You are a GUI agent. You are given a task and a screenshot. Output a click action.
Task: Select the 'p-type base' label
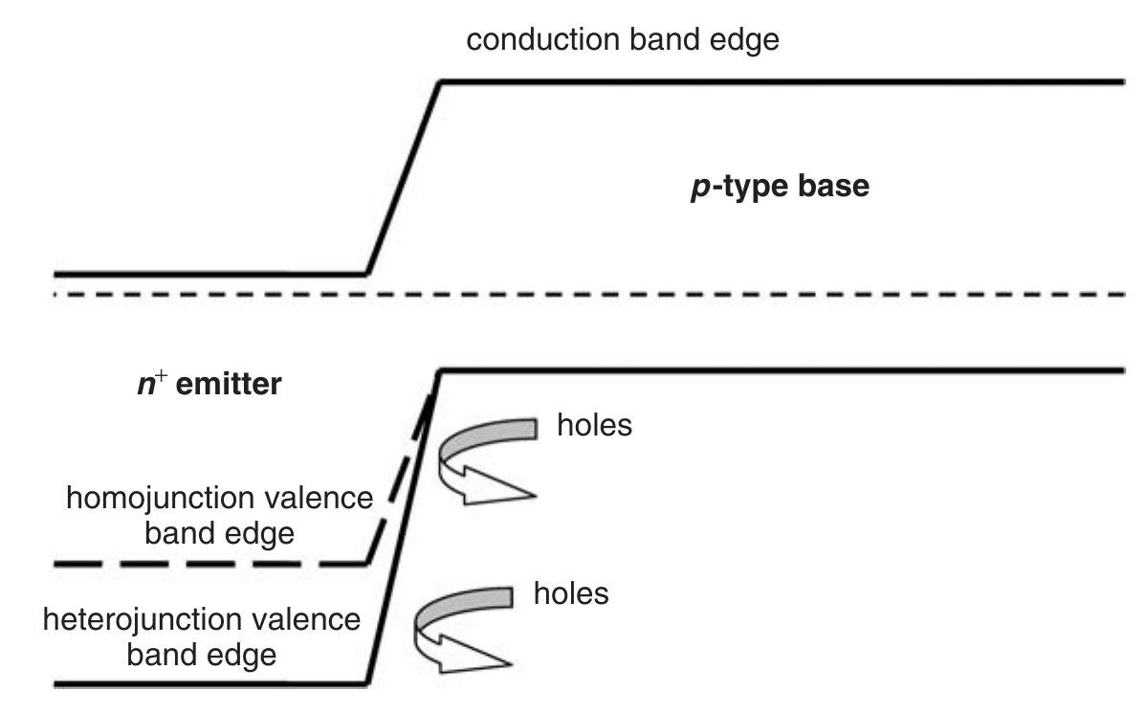(x=780, y=187)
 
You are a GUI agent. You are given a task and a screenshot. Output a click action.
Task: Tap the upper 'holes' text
(x=594, y=425)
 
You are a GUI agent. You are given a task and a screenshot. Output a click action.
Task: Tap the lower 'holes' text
(x=570, y=593)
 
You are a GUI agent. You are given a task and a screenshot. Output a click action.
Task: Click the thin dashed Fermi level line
(x=670, y=294)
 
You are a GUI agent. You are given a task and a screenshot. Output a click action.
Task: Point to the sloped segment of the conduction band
(x=403, y=178)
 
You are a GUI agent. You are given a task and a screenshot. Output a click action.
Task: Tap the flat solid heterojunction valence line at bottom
(x=210, y=684)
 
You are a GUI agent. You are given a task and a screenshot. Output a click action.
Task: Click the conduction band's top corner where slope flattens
(x=439, y=83)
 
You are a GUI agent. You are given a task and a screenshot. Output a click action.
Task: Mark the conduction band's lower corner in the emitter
(x=367, y=274)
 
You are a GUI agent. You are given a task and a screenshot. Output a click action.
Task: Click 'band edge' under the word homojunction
(x=219, y=532)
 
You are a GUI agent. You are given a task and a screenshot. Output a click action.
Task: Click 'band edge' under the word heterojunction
(x=202, y=655)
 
